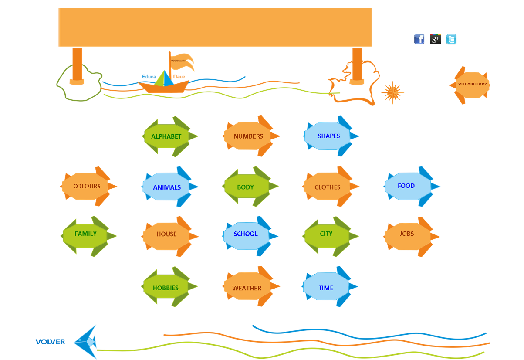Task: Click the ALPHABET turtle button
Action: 167,136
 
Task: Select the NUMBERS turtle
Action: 249,136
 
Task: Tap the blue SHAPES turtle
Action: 329,136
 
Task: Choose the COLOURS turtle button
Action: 87,187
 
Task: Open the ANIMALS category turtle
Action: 167,187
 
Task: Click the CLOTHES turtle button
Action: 328,187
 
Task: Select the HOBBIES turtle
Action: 166,287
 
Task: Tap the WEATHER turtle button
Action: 247,287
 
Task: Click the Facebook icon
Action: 419,39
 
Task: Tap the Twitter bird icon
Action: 452,39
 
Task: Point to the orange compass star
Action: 392,92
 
